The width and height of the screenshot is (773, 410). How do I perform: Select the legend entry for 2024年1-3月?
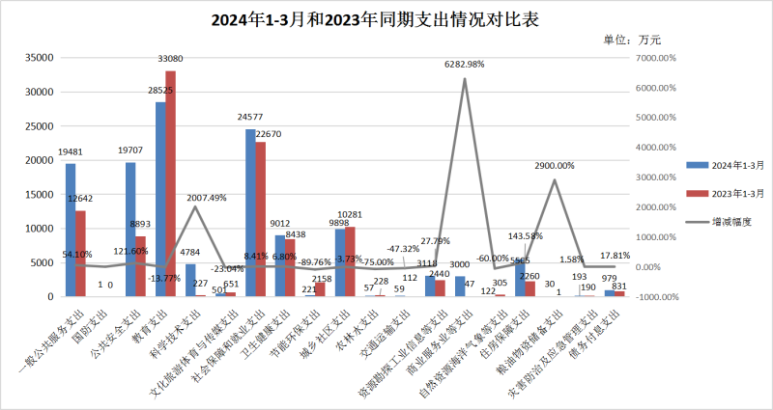[x=724, y=165]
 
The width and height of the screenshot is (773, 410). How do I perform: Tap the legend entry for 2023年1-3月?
[x=724, y=193]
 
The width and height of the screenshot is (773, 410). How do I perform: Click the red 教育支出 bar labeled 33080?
[x=171, y=183]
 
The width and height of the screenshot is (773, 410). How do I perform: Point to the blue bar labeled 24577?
[x=250, y=212]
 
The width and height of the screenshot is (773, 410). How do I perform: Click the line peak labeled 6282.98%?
[x=465, y=79]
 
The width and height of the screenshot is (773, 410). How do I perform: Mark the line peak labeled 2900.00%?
[x=555, y=179]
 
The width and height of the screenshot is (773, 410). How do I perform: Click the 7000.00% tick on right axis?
[x=660, y=58]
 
